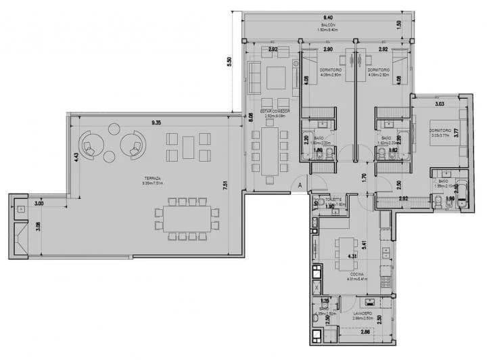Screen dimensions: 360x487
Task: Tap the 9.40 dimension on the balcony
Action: [x=328, y=16]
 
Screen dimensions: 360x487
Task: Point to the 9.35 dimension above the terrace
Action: [x=156, y=122]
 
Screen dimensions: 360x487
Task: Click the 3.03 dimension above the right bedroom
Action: [x=438, y=104]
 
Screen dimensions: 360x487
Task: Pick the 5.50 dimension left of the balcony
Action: [x=229, y=60]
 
